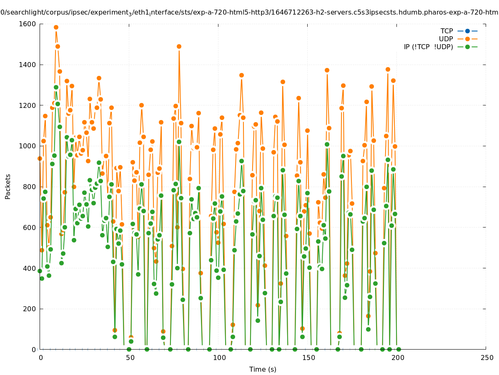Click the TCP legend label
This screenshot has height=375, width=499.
pyautogui.click(x=446, y=31)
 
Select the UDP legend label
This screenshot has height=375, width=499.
pyautogui.click(x=446, y=39)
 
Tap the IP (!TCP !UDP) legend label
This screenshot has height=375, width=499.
pyautogui.click(x=428, y=47)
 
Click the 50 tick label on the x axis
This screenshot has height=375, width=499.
pyautogui.click(x=130, y=357)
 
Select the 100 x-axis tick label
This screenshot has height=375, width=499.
pyautogui.click(x=219, y=357)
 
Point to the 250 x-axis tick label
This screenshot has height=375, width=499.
pyautogui.click(x=486, y=357)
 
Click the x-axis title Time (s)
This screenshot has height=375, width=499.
pyautogui.click(x=263, y=369)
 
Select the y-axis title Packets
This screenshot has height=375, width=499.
pyautogui.click(x=8, y=186)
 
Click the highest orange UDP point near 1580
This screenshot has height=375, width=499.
pyautogui.click(x=56, y=27)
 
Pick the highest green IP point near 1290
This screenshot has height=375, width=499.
pyautogui.click(x=56, y=87)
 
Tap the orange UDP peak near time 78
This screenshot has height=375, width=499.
pyautogui.click(x=179, y=46)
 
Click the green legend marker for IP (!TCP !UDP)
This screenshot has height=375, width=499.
pyautogui.click(x=467, y=47)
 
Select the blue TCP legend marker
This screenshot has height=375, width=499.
pyautogui.click(x=467, y=31)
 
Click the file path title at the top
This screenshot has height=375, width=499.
pyautogui.click(x=249, y=12)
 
